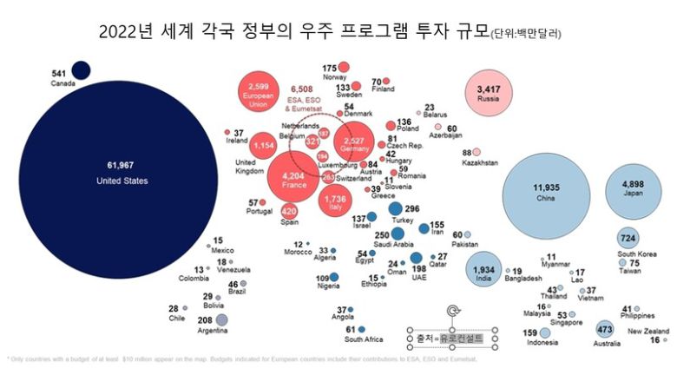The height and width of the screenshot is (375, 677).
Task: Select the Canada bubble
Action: [x=82, y=69]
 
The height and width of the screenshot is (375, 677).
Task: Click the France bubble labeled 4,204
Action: [x=293, y=180]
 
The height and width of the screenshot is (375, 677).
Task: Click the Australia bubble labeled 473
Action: [x=605, y=330]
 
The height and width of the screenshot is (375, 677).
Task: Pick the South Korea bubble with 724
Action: [x=628, y=239]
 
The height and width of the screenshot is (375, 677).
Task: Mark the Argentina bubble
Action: [x=221, y=321]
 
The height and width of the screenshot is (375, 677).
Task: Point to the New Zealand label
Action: [x=647, y=332]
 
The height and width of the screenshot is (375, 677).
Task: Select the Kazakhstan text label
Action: [x=480, y=163]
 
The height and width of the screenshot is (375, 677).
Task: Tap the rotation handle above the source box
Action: [x=452, y=310]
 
